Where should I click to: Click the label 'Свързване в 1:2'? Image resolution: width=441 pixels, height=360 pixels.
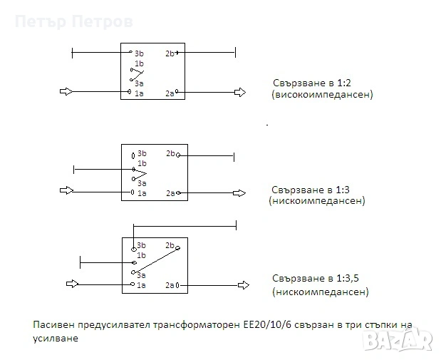309,83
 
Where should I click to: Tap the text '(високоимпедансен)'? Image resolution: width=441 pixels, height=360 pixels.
322,94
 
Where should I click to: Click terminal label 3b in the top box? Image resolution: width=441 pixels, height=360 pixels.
140,53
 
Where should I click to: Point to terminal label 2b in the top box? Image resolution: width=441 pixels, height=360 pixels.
169,53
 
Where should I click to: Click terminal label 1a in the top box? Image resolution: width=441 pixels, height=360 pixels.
140,93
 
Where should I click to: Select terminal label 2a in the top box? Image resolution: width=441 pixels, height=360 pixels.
169,93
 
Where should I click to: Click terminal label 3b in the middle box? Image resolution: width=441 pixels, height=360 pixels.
142,154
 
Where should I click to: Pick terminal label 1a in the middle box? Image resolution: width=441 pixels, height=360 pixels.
142,193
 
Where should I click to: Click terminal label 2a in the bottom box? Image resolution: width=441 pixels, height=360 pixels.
170,285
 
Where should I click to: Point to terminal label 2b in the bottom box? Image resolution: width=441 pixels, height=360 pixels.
170,246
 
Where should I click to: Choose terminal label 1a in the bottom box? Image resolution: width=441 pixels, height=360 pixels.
141,285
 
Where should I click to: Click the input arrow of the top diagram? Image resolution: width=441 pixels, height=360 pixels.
66,92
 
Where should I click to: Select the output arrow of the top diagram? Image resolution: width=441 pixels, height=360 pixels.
240,92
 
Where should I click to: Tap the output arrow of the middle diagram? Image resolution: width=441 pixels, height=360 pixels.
239,192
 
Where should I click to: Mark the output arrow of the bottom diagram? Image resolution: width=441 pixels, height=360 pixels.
243,284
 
